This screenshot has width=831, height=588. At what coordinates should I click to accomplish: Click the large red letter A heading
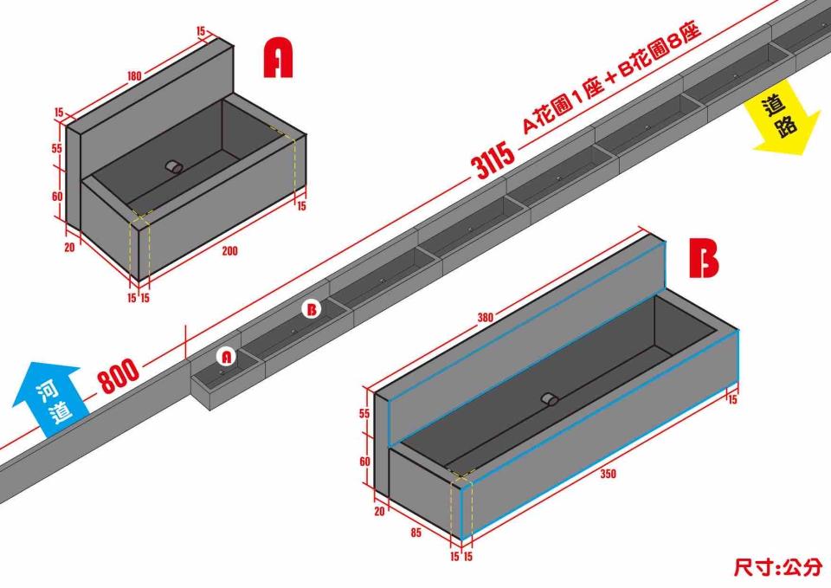pos(278,58)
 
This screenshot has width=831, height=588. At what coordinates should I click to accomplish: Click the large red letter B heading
pos(704,258)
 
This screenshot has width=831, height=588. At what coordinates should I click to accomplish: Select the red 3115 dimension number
pos(493,160)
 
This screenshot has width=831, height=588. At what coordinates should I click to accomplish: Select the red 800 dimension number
pos(119,376)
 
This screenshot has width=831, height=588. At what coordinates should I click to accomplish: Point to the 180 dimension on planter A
pos(134,76)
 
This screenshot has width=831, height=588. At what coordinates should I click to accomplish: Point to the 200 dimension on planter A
pos(229,251)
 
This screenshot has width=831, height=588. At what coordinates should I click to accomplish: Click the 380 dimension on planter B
pos(485,318)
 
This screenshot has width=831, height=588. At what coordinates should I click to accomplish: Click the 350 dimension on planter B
pos(608,474)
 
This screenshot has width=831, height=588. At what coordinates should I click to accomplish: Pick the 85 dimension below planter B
pos(415,533)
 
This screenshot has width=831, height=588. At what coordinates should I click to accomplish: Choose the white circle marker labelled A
pos(226,356)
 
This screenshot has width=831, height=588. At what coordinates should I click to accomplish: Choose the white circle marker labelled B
pos(311,309)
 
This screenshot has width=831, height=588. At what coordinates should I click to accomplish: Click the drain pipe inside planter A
pos(174,166)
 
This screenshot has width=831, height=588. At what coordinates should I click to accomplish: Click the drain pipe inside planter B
pos(550,399)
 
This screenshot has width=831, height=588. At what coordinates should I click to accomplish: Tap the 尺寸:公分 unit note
pos(778,566)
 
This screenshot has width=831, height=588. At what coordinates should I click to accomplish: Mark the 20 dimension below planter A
pos(69,247)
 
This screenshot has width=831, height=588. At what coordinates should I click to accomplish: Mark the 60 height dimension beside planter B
pos(364,462)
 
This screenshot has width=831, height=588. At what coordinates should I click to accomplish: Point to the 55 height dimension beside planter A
pos(57,148)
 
